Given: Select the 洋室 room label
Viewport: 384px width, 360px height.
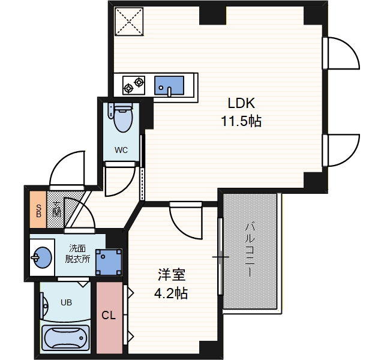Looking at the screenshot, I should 172,275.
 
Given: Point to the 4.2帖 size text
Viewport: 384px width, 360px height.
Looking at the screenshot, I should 170,294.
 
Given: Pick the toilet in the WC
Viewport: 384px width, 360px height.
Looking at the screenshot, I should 122,118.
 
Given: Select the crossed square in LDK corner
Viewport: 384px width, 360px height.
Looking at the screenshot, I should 129,20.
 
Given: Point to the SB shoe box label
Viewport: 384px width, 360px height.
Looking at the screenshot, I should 38,211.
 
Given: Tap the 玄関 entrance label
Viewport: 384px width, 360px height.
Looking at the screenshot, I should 56,210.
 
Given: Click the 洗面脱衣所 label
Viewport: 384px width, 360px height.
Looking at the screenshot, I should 77,253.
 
